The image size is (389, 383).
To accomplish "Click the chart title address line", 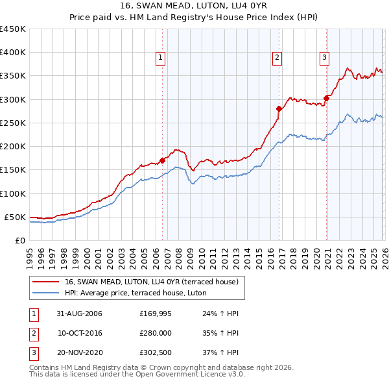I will point(194,5).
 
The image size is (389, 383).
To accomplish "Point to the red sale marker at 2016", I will point(279,108).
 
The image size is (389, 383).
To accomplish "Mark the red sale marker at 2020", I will point(326,98).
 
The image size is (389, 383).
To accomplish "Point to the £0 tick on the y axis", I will point(20,240).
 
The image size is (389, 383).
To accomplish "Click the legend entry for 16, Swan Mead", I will point(152,282).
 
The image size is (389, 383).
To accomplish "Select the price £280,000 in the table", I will point(154,333).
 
